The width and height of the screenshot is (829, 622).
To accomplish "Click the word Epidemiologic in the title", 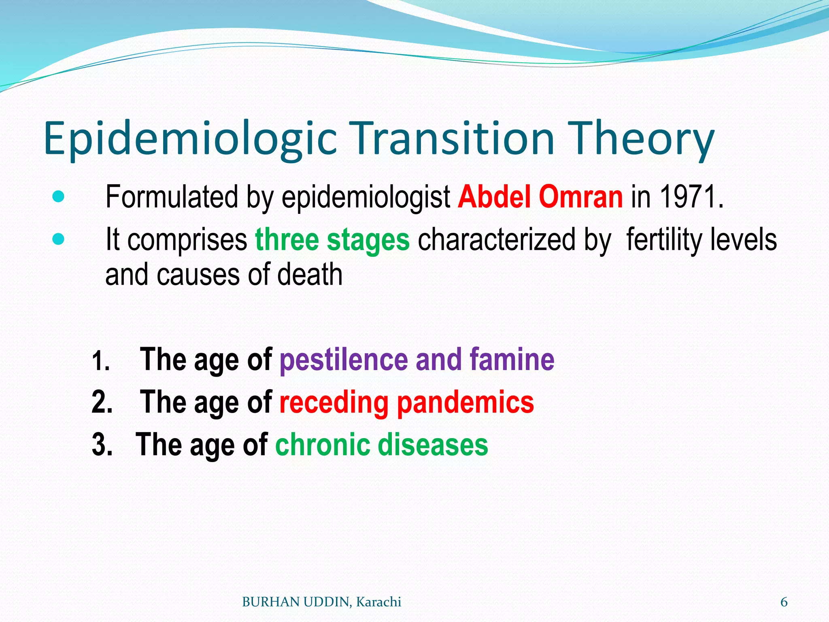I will (x=190, y=138).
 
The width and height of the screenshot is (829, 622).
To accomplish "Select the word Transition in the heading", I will (x=454, y=138).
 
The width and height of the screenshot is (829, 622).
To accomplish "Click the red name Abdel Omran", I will (x=540, y=197).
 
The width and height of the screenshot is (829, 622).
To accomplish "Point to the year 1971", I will (x=691, y=197).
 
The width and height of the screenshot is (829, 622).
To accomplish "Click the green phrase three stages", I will (x=332, y=240).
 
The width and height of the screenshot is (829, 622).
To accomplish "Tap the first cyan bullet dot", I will (x=59, y=197).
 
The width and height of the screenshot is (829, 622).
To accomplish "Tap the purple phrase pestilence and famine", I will (x=417, y=360).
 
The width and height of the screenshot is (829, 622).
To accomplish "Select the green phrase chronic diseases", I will (x=382, y=445).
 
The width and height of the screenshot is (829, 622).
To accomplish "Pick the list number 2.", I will (x=102, y=403).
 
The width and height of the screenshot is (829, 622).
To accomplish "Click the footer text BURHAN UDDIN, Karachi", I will (x=321, y=602).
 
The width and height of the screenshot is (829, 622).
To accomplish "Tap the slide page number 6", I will (x=784, y=602).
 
